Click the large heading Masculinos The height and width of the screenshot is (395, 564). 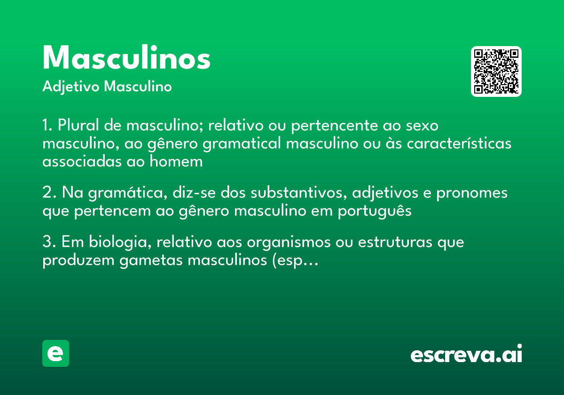126,58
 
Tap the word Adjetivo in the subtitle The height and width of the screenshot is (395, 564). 71,87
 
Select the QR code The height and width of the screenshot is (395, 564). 496,71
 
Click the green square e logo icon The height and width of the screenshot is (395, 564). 55,353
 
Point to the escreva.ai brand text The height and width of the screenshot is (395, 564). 466,355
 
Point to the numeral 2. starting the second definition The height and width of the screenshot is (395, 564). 49,193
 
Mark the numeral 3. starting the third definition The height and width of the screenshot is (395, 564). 49,242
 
